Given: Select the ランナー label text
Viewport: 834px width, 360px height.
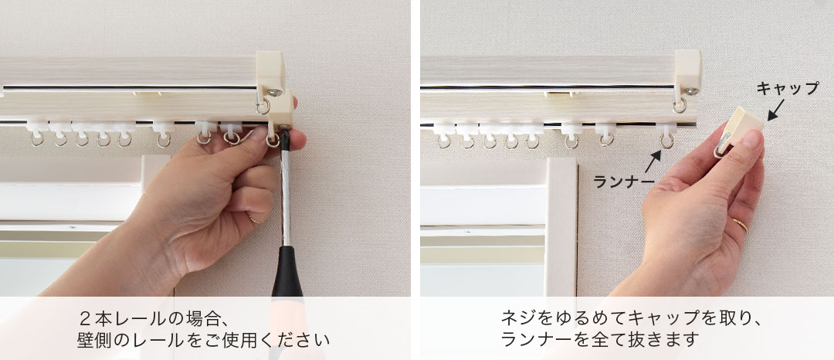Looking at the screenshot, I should [x=622, y=182].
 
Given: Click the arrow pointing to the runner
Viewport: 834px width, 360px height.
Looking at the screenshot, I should [x=653, y=161].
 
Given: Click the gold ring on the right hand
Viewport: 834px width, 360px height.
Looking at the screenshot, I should [x=739, y=225].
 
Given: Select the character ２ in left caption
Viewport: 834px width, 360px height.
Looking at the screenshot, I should [x=85, y=318].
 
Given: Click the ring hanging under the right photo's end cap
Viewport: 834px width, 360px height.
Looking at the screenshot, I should [x=680, y=105].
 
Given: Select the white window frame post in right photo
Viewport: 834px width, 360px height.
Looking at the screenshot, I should [x=563, y=224].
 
